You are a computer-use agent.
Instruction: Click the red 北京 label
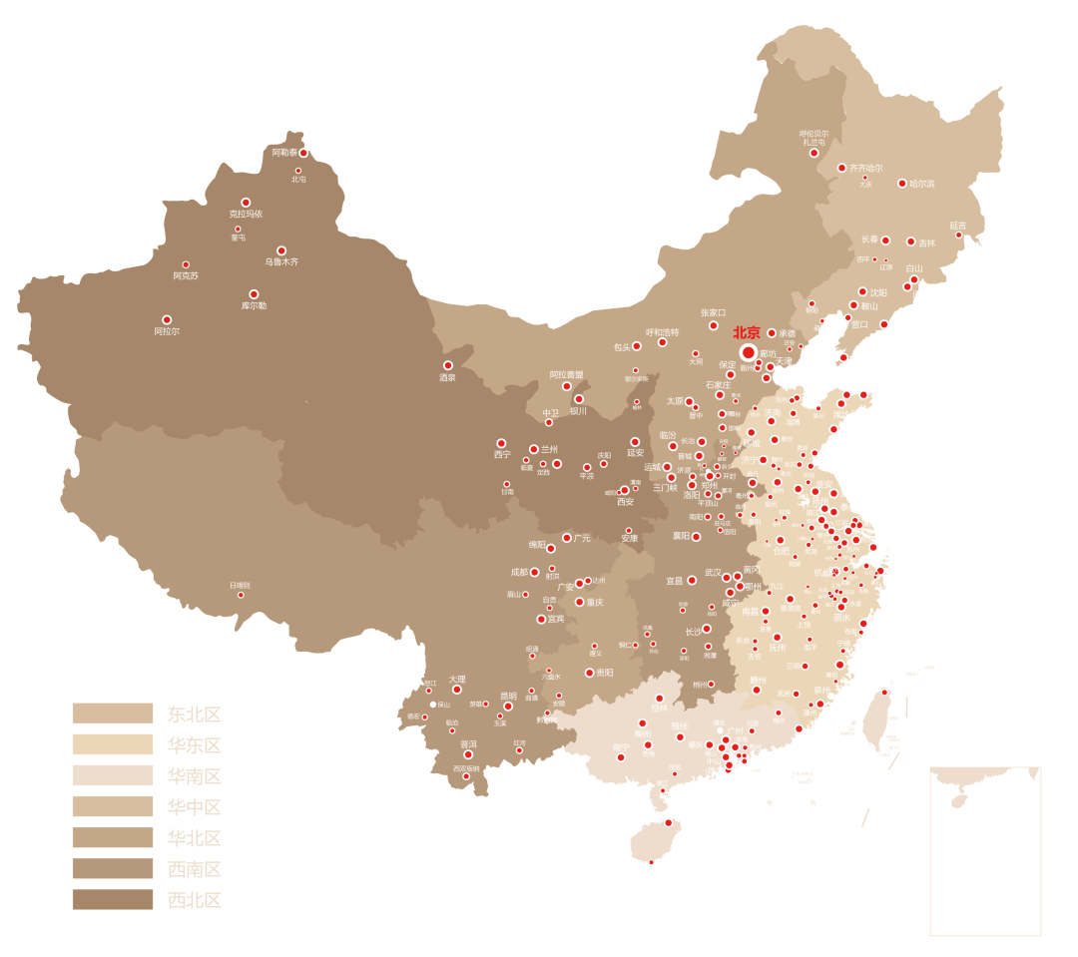[747, 333]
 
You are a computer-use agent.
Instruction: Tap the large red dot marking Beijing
[748, 352]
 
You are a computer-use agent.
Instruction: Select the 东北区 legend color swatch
[112, 714]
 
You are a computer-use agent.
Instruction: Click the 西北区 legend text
[194, 900]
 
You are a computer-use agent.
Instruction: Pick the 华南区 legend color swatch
[112, 775]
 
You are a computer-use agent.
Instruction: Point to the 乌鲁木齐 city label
[281, 262]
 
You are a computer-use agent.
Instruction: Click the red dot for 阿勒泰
[303, 153]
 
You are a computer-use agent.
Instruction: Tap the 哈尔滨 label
[922, 184]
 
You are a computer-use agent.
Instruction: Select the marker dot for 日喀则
[241, 595]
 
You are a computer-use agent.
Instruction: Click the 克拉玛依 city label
[246, 214]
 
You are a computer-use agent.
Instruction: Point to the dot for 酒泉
[448, 365]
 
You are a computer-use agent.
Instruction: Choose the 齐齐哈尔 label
[865, 168]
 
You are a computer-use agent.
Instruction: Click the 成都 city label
[519, 573]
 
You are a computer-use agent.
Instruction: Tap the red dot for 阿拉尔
[167, 320]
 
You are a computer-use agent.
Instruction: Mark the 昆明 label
[508, 696]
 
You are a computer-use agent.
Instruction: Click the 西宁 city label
[501, 455]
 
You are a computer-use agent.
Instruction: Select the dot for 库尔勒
[254, 294]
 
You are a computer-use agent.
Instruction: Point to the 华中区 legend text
[194, 807]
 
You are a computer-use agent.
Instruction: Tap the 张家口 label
[713, 313]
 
